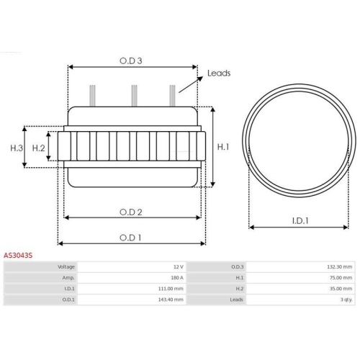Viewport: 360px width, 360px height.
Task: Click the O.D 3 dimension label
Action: (131, 61)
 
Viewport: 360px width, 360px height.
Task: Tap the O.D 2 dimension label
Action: (131, 212)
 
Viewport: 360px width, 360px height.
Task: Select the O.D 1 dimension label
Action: (131, 237)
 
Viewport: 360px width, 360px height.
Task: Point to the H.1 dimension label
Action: (223, 146)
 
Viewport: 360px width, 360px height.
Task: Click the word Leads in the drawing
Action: (218, 73)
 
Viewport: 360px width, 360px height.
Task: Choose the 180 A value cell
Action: (176, 277)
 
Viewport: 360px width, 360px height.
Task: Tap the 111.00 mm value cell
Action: (170, 288)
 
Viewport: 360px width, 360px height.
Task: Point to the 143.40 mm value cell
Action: (170, 299)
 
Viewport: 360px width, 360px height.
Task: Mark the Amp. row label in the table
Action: (68, 277)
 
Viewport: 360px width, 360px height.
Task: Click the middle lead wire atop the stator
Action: (133, 95)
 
